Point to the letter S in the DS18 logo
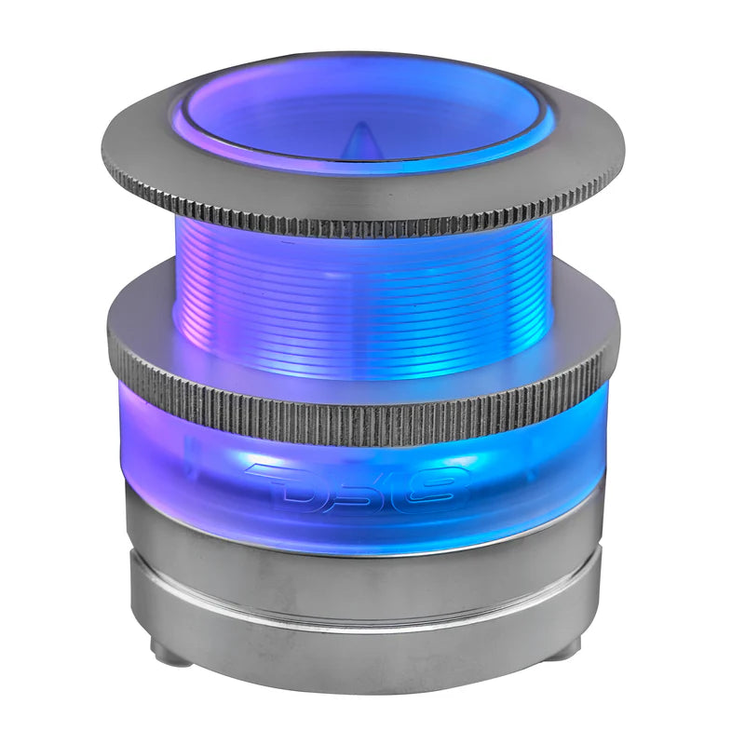click(x=359, y=486)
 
